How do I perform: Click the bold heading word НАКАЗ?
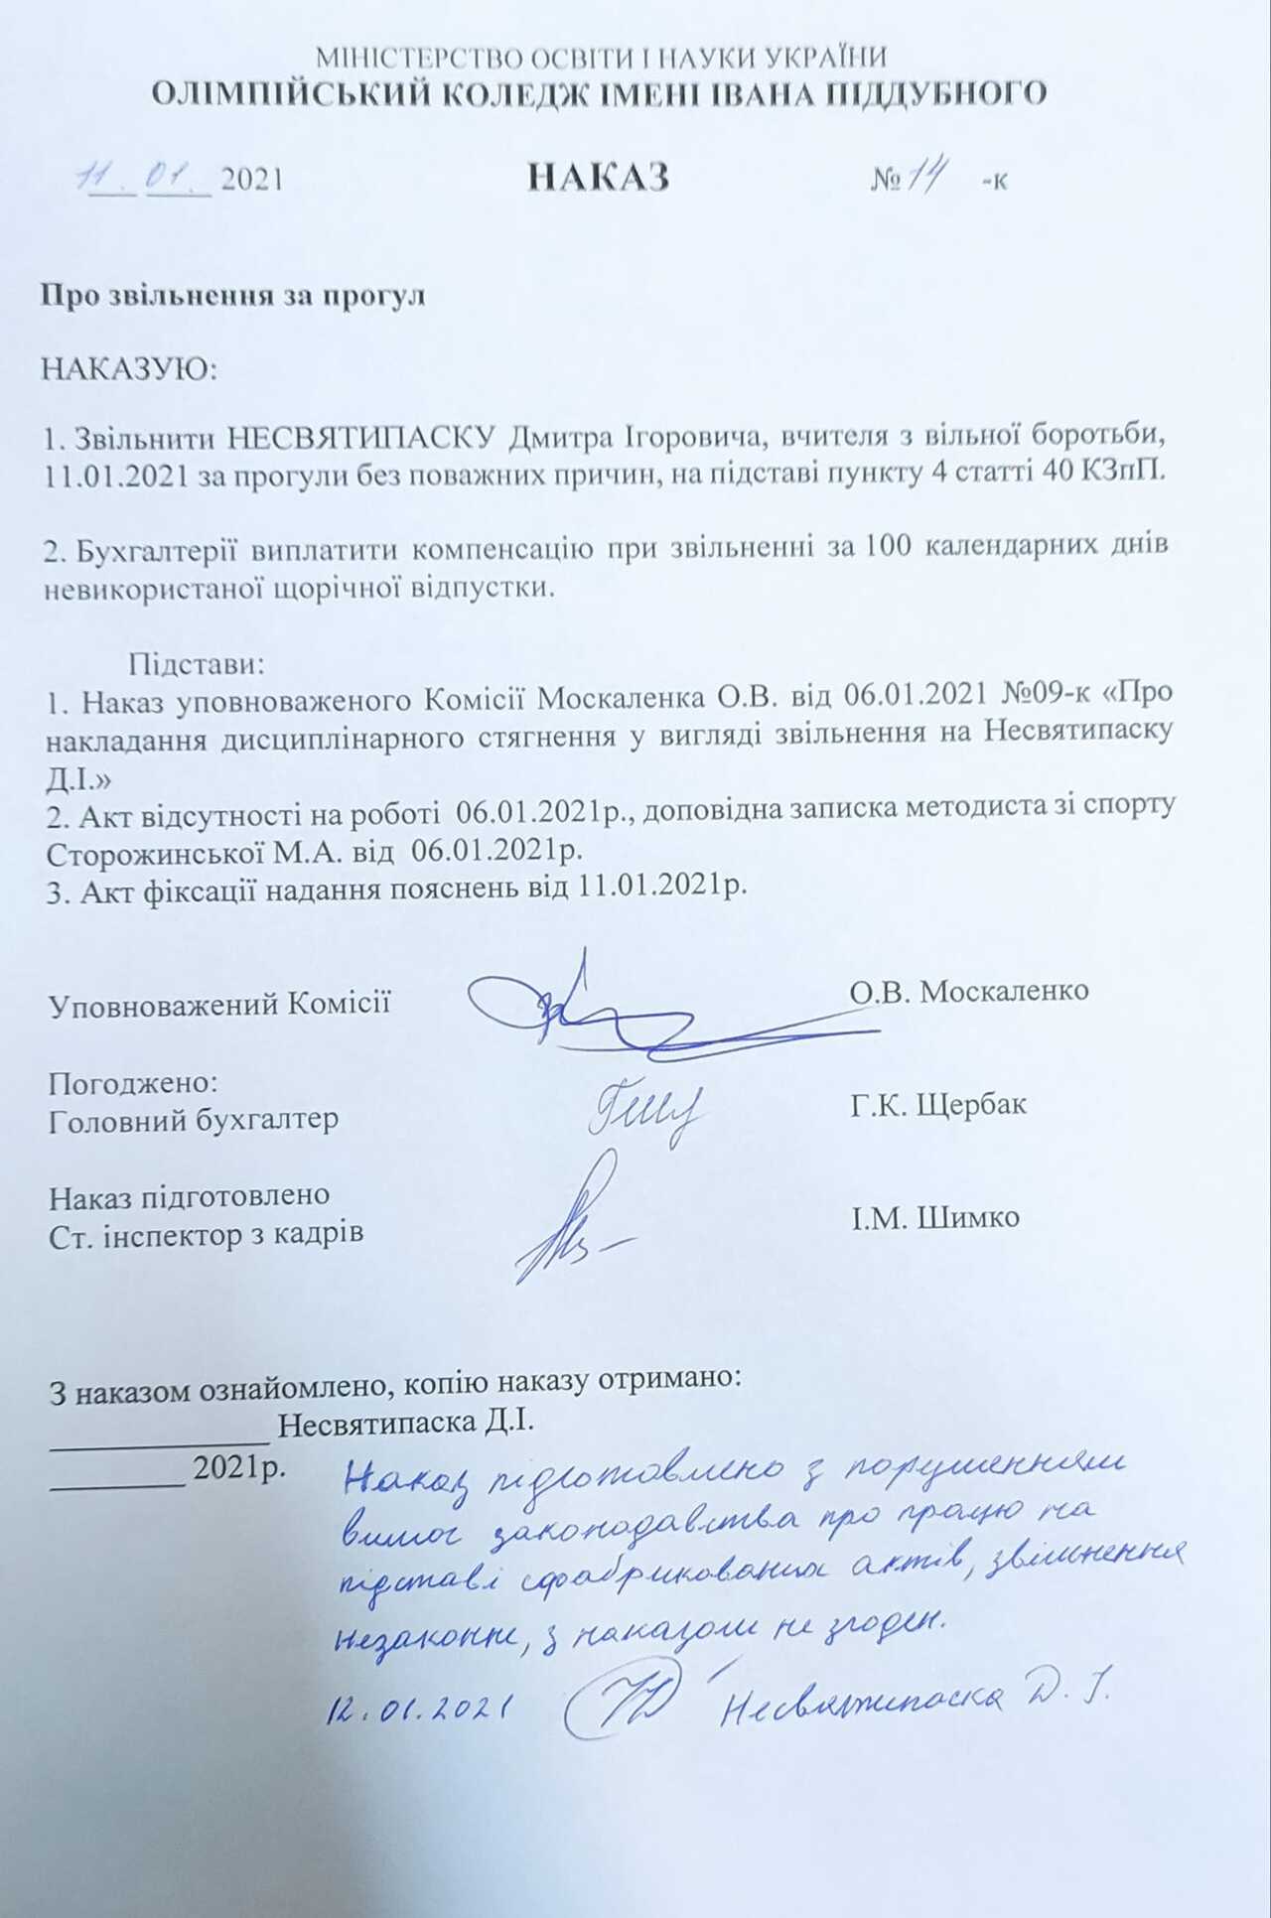(598, 177)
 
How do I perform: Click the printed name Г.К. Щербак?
(937, 1104)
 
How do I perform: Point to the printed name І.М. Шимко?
(934, 1217)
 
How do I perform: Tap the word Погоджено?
(133, 1081)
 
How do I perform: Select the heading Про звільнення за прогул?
(232, 295)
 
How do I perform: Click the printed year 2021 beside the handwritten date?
(251, 180)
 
